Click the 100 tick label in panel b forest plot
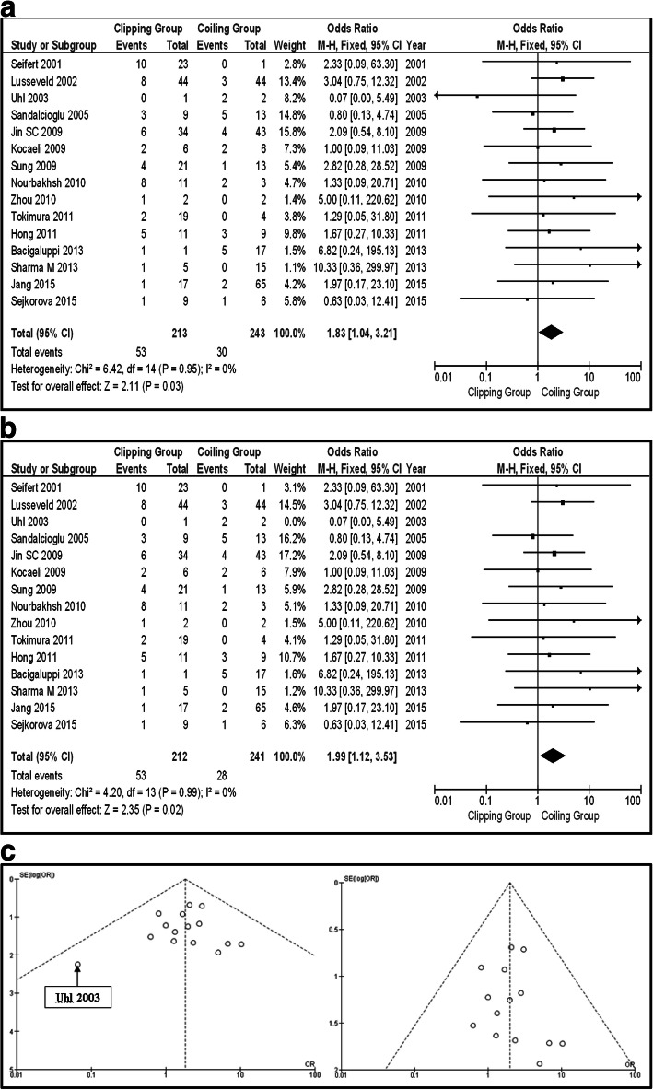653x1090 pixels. click(x=633, y=802)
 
